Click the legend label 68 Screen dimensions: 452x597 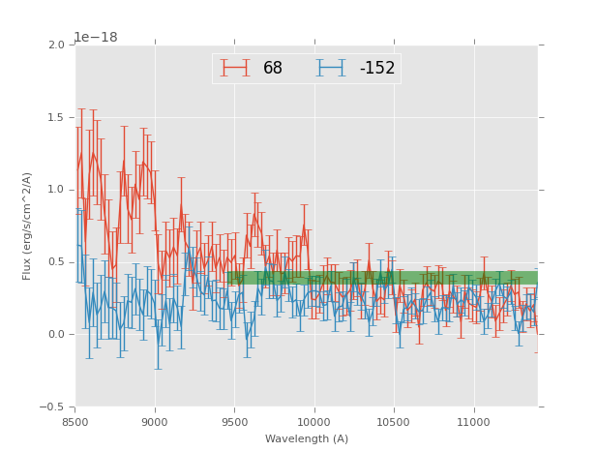tap(273, 69)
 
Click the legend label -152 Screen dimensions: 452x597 tap(377, 69)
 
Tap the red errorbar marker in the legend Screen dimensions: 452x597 tap(235, 69)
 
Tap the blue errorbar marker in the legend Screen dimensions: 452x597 tap(332, 69)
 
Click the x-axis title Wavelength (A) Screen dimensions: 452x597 tap(307, 438)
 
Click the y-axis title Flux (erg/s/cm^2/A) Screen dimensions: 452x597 tap(28, 226)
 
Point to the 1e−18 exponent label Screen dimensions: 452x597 tap(96, 37)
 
